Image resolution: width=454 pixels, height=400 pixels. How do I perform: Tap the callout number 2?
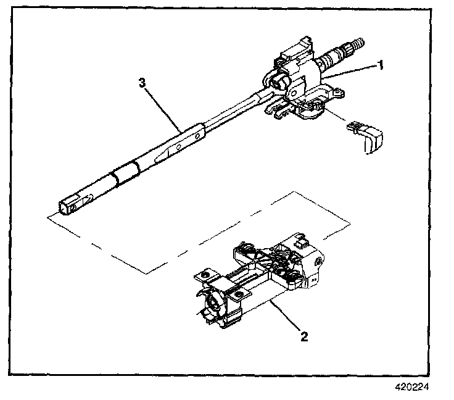303,337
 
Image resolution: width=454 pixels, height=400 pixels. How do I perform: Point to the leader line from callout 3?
162,109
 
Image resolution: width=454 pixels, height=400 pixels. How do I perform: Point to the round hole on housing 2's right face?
317,262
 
